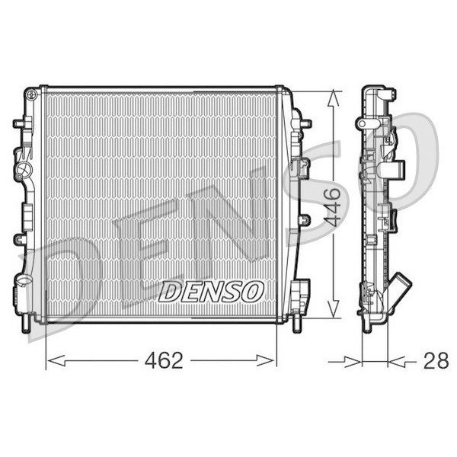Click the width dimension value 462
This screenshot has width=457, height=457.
tap(164, 360)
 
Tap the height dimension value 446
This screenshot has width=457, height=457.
tap(332, 206)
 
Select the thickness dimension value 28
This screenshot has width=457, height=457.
tap(436, 360)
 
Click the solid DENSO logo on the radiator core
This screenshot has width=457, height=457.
tap(211, 291)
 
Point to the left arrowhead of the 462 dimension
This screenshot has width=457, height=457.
tap(56, 360)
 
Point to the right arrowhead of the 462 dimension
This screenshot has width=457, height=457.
tap(265, 360)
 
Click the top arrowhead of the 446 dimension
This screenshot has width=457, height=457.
tap(333, 98)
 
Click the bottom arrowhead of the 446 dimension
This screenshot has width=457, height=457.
tap(333, 309)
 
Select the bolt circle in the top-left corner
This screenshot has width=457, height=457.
tap(30, 94)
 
